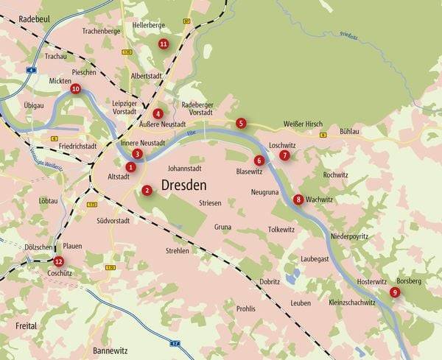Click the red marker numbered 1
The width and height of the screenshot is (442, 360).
(x=130, y=167)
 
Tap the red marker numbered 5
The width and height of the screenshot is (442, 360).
(x=241, y=123)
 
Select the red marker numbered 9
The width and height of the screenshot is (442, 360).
(x=395, y=292)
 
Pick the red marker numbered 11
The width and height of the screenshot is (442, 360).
(x=164, y=44)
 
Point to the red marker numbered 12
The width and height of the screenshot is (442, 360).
(x=59, y=261)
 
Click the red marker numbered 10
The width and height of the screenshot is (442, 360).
(x=75, y=88)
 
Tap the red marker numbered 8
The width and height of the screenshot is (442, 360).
(x=298, y=200)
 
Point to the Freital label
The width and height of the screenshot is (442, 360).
(x=25, y=324)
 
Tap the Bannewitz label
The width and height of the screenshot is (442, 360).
(x=111, y=350)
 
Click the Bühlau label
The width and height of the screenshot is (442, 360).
(x=349, y=130)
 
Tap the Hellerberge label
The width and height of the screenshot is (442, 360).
(x=148, y=25)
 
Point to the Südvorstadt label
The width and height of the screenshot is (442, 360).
(x=113, y=220)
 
